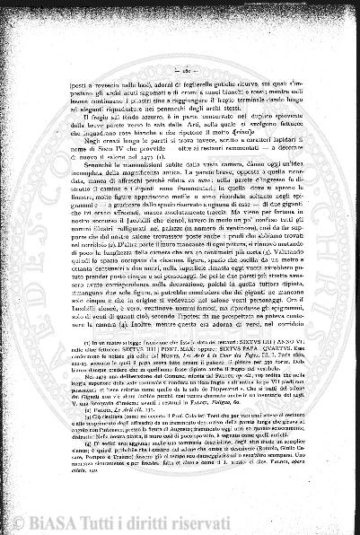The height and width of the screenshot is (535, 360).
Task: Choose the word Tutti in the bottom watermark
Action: (x=159, y=518)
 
